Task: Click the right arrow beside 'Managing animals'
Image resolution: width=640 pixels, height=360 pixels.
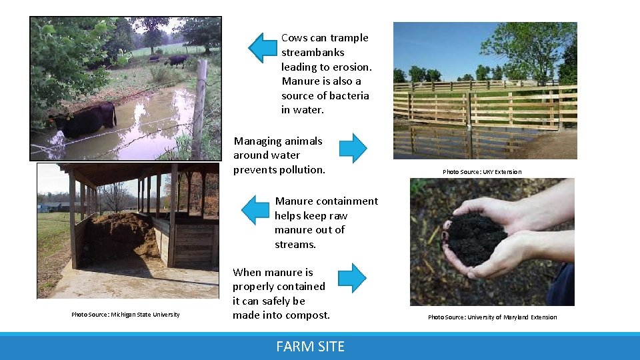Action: coord(353,148)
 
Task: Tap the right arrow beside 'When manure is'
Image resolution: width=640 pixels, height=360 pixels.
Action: coord(353,278)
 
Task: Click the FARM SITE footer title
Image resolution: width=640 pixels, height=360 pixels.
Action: coord(311,347)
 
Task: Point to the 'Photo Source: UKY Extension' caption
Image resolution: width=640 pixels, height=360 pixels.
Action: coord(482,172)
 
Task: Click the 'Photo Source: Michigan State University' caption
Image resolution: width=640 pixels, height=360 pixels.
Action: coord(125,315)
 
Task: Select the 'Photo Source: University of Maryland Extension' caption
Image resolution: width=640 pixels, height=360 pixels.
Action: coord(492,317)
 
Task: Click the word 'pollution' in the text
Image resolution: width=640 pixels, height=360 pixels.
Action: coord(301,169)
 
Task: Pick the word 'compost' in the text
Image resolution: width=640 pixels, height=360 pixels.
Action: coord(307,315)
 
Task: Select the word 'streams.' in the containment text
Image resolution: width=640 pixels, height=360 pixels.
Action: coord(295,244)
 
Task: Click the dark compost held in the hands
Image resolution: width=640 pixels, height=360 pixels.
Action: coord(475,237)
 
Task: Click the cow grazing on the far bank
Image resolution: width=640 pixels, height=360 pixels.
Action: coord(177,61)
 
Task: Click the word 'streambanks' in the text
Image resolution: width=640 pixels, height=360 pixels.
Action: coord(313,52)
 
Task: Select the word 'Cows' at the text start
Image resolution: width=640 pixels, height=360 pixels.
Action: coord(294,38)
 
